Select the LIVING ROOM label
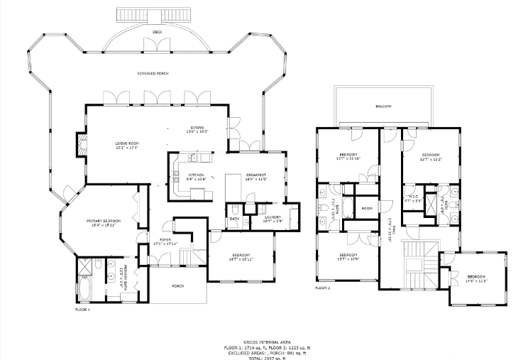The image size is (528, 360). tap(126, 145)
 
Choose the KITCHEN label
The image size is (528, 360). tap(196, 175)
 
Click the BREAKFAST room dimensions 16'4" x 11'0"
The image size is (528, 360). tap(255, 180)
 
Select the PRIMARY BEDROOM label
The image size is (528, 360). tap(104, 221)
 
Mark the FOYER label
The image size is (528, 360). tap(165, 240)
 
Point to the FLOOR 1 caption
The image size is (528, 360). tap(83, 310)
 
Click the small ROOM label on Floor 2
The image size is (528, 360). tap(367, 208)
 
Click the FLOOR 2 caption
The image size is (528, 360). tap(323, 288)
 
